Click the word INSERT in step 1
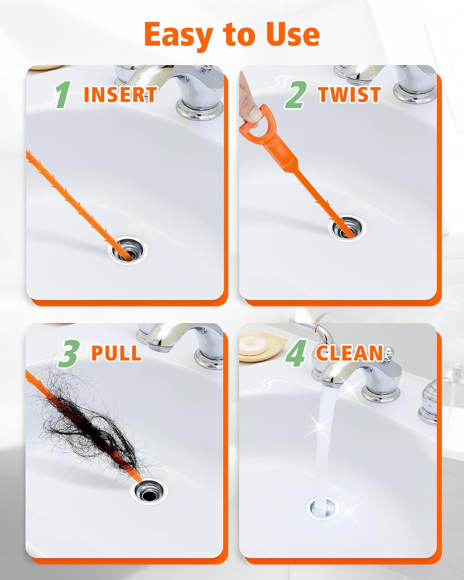[x=120, y=94]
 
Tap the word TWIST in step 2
[x=349, y=95]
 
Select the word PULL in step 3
[x=116, y=353]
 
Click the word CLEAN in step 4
[x=349, y=353]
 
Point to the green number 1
[x=62, y=95]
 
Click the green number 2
[x=296, y=95]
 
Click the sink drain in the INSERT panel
[x=128, y=251]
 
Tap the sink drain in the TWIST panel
[x=346, y=228]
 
